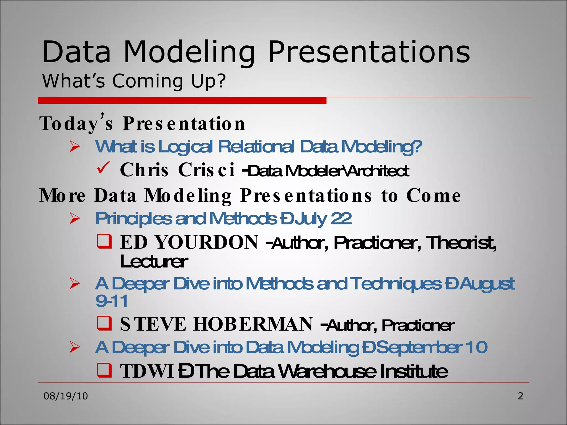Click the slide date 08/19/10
[x=66, y=396]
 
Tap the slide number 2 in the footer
[x=520, y=396]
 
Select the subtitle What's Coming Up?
[x=134, y=81]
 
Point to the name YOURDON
[x=206, y=242]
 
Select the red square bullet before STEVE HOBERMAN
[x=104, y=323]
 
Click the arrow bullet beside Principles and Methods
[x=75, y=218]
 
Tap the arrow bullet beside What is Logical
[x=75, y=146]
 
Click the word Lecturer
[x=154, y=261]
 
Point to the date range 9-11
[x=112, y=301]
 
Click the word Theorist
[x=461, y=243]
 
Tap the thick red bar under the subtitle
[x=182, y=100]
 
